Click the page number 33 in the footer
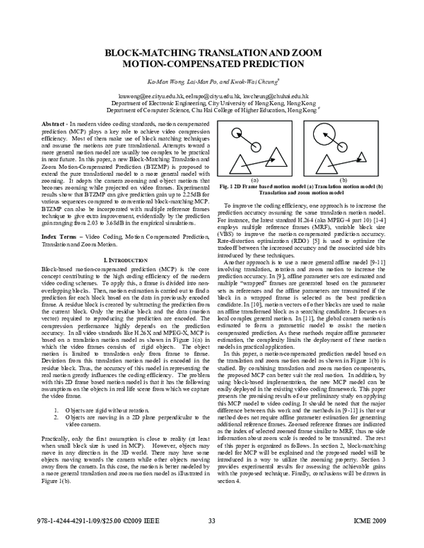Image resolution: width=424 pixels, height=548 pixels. (x=211, y=541)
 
